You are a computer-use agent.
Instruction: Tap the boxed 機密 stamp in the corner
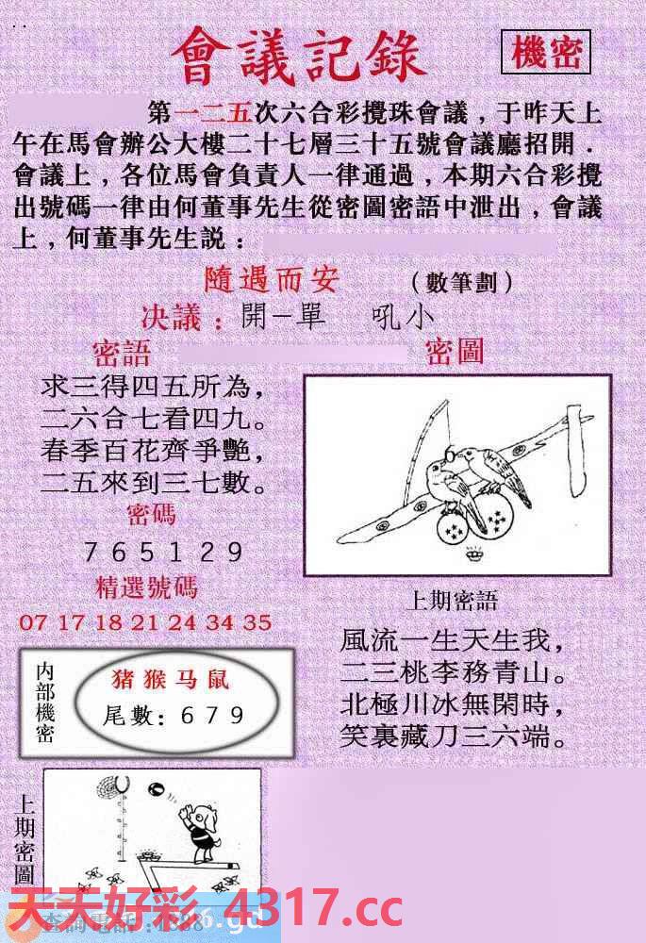546,53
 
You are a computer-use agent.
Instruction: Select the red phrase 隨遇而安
273,280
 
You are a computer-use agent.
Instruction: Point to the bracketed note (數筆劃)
462,282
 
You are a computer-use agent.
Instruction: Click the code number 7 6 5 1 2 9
163,552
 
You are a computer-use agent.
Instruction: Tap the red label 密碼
151,515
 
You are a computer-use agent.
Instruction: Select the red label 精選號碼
147,587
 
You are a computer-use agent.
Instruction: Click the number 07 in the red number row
32,622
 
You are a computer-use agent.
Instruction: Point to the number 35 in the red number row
257,622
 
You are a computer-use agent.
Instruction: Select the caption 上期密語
452,601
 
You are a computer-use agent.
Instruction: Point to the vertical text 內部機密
44,703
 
